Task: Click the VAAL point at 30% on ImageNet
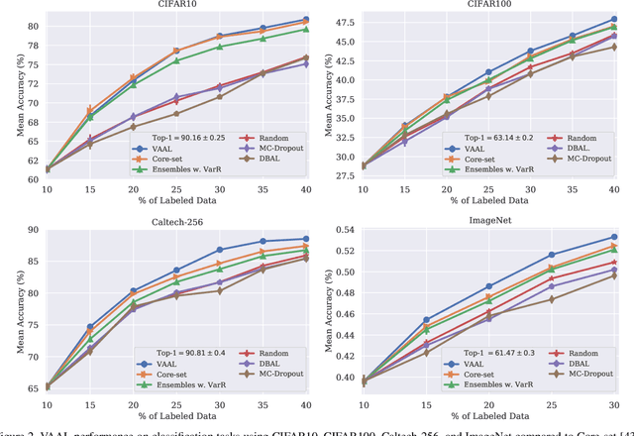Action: tap(613, 237)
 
